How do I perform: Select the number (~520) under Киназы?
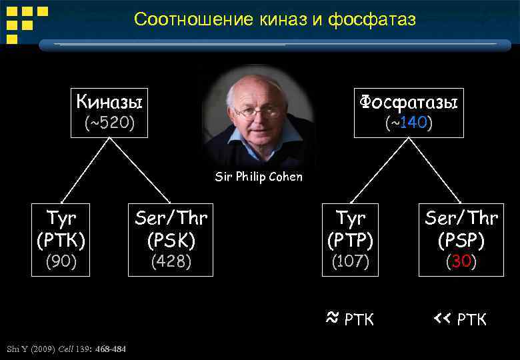[109, 123]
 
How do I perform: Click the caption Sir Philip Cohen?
[259, 177]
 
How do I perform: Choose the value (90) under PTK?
[61, 262]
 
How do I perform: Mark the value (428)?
[171, 262]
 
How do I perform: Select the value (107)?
[351, 262]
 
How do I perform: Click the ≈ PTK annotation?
[351, 319]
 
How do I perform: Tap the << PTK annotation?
[460, 319]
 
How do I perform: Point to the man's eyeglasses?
[257, 111]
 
